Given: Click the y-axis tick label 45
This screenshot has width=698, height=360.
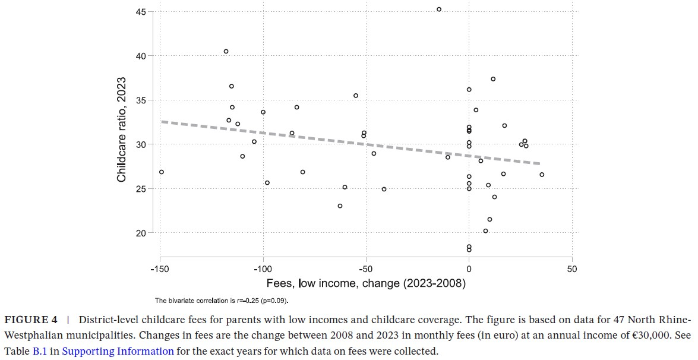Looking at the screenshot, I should click(x=141, y=11).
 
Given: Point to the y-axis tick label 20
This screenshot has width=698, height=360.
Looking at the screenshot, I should click(x=141, y=233).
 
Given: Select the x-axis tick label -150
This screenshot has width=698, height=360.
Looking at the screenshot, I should click(x=160, y=269).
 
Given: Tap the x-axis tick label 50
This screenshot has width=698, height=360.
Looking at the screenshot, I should click(x=571, y=269).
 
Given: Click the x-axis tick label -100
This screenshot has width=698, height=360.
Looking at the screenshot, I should click(x=263, y=269).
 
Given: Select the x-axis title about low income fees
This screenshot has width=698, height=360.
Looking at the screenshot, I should click(x=366, y=283).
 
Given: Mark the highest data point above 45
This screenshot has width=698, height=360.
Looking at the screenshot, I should click(x=439, y=10).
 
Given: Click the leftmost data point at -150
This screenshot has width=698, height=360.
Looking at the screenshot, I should click(x=161, y=172).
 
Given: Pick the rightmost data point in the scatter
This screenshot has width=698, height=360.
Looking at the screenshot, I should click(x=542, y=175).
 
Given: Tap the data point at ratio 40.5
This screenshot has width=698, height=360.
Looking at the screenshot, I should click(x=226, y=52).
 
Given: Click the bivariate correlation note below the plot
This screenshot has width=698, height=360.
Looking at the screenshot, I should click(x=222, y=301).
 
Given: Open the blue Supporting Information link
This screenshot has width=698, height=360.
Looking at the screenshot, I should click(x=118, y=350).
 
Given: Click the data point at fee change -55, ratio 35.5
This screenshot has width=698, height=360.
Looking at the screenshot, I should click(x=356, y=96).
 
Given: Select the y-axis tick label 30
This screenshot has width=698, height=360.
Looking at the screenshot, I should click(x=141, y=144).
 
